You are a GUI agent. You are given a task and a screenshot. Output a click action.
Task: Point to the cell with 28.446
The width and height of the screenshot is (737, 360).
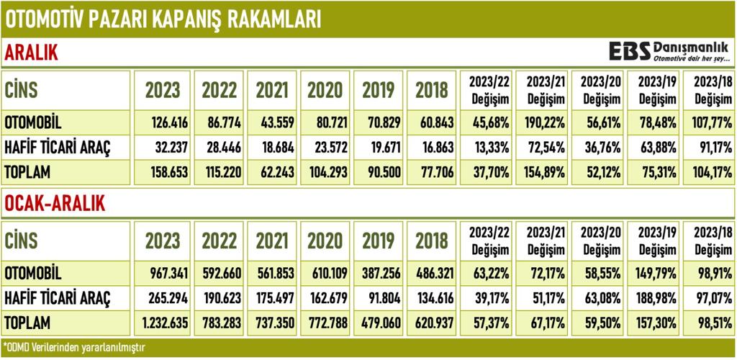click(x=220, y=147)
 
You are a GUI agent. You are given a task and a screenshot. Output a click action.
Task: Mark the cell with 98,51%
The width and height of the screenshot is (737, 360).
click(x=709, y=322)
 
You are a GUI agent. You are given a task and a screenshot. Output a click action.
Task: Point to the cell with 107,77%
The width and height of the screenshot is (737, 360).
click(x=708, y=122)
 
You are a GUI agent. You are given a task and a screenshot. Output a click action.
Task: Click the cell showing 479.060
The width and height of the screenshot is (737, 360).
click(x=380, y=322)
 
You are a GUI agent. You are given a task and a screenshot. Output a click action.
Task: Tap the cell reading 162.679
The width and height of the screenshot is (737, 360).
click(x=327, y=297)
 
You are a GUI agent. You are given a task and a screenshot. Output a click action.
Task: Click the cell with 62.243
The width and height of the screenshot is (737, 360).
click(x=273, y=172)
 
